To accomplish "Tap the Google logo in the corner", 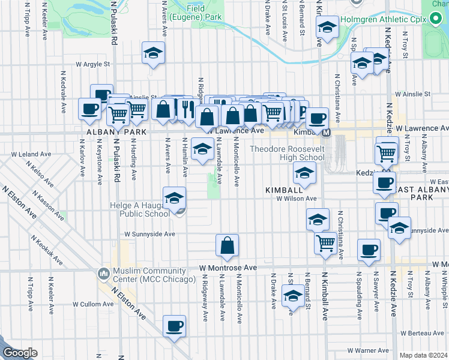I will point(20,353).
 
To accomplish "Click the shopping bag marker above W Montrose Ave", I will point(228,245).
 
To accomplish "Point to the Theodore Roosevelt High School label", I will point(287,153).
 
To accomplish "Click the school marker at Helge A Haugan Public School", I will point(174,197).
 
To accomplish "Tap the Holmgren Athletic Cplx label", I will point(383,19).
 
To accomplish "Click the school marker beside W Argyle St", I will point(153,52).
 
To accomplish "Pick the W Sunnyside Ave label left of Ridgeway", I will point(149,234).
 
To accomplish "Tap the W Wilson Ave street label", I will point(296,199).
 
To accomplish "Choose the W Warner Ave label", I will point(368,350).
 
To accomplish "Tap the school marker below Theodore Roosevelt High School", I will point(304,174).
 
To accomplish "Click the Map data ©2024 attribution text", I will point(424,355).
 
